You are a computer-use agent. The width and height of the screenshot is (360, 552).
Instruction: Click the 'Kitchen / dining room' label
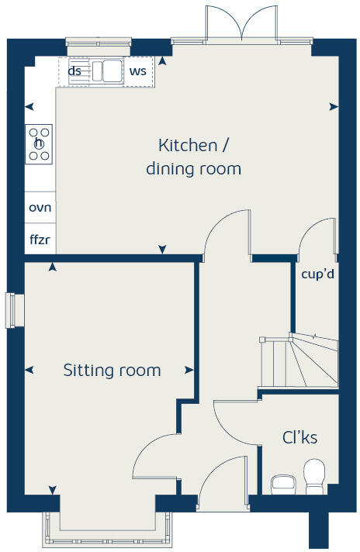[x=193, y=157]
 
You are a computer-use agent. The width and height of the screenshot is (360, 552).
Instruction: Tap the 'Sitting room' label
[x=112, y=371]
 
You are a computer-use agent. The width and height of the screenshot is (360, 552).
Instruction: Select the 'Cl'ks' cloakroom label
[x=299, y=438]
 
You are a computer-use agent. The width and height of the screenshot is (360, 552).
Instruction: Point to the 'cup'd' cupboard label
[x=317, y=274]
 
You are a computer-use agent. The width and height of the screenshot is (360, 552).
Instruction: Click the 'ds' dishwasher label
[x=75, y=71]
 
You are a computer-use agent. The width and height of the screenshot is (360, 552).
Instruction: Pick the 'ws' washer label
[x=138, y=71]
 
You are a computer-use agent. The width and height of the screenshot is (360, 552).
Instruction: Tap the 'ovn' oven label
[x=40, y=208]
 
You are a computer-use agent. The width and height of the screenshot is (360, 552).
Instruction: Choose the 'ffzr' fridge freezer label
[x=40, y=240]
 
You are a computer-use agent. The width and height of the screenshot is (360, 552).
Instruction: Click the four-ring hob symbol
[x=39, y=143]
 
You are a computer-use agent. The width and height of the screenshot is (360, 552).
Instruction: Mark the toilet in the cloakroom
[x=314, y=476]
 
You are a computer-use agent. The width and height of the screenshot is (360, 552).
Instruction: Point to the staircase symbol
[x=299, y=361]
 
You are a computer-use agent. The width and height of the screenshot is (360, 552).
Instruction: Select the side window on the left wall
[x=10, y=309]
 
